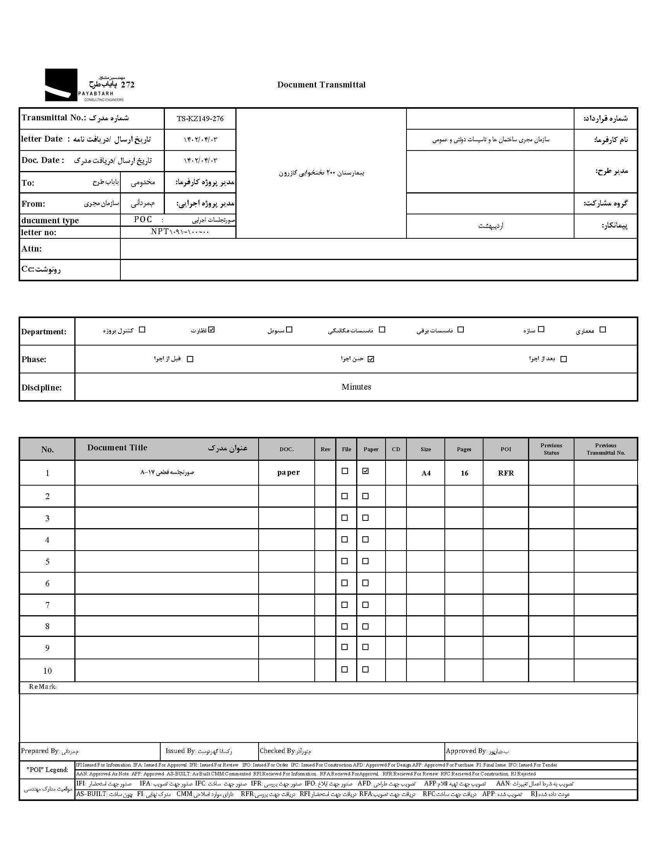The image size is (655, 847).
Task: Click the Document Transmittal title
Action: click(321, 84)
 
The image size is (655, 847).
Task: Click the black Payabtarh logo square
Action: click(61, 85)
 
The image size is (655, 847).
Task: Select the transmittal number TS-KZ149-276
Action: click(200, 119)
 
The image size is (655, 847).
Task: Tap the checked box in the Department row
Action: click(211, 330)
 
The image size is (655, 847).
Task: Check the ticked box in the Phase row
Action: click(371, 359)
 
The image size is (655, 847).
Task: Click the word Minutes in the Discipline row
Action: click(356, 387)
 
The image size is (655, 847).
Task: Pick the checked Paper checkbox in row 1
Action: click(365, 471)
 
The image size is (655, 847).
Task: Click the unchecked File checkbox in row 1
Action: click(345, 471)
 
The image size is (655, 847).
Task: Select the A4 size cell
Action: click(426, 473)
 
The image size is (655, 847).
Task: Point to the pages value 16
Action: click(464, 473)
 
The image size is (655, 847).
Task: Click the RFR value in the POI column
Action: click(506, 473)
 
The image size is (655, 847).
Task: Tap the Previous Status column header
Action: click(551, 449)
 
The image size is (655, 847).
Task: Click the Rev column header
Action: click(325, 449)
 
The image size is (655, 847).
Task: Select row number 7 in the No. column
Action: click(47, 605)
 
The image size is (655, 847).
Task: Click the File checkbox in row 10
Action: click(345, 669)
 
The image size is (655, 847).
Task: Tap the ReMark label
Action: click(43, 687)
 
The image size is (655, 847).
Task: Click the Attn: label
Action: click(31, 248)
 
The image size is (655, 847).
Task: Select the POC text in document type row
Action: click(143, 219)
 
